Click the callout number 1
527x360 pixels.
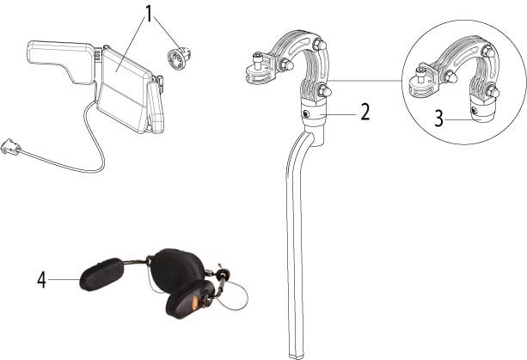pos(149,14)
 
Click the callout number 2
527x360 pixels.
pos(365,113)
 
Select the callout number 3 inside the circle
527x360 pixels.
pos(439,119)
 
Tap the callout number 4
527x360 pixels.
pos(41,280)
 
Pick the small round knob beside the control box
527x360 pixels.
pos(179,58)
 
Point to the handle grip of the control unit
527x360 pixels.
pos(62,60)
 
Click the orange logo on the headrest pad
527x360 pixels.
pos(194,300)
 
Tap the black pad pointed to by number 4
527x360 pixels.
pos(101,274)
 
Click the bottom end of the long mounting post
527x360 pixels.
pos(297,357)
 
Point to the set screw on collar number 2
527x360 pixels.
pos(307,113)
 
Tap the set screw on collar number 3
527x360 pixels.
pos(474,110)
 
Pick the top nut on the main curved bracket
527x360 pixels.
pos(320,45)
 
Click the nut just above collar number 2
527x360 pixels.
pos(324,91)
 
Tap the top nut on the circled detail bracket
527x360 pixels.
pos(488,52)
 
